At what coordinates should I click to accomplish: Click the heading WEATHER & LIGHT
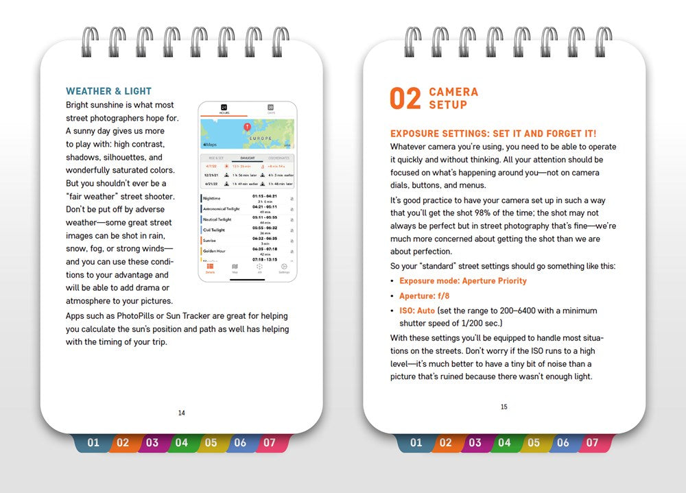pyautogui.click(x=108, y=91)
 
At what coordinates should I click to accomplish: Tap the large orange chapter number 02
pyautogui.click(x=405, y=99)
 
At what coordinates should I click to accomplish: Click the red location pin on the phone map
pyautogui.click(x=247, y=128)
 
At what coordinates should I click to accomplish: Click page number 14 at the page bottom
pyautogui.click(x=181, y=413)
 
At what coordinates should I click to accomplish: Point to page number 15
pyautogui.click(x=504, y=407)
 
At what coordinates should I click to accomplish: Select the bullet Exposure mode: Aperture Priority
pyautogui.click(x=463, y=281)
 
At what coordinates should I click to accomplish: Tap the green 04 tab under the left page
pyautogui.click(x=181, y=443)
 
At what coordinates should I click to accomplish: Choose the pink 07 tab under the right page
pyautogui.click(x=592, y=443)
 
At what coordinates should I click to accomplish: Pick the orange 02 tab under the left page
pyautogui.click(x=123, y=443)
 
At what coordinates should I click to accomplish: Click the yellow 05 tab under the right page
pyautogui.click(x=534, y=443)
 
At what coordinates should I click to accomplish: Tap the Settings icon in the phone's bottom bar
pyautogui.click(x=284, y=268)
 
